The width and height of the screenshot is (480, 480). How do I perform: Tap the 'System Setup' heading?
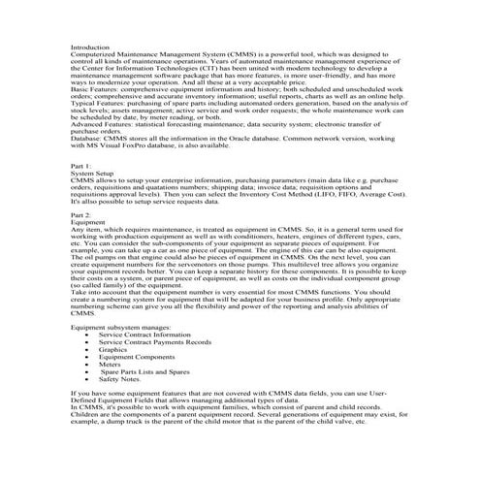pos(92,174)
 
